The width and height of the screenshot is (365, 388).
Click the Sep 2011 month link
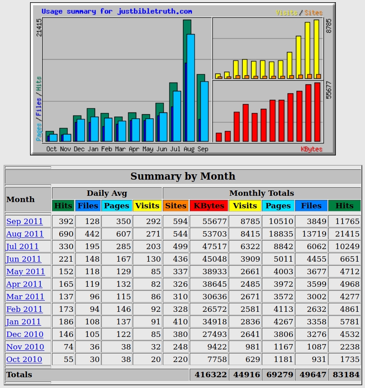(24, 221)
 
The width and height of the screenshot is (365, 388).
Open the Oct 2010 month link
(24, 359)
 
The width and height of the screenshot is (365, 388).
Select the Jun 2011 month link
(23, 259)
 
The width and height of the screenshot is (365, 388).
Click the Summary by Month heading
(183, 176)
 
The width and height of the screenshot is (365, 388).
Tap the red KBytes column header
(209, 206)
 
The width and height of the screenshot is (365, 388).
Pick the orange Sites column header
(175, 206)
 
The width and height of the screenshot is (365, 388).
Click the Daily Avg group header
(107, 193)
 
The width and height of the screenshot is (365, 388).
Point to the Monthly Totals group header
(261, 193)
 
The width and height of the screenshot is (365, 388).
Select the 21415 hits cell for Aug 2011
(344, 234)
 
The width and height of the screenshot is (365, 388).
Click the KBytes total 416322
(209, 375)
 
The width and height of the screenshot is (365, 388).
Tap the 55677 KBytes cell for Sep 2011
(209, 221)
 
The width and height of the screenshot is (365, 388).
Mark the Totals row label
(19, 375)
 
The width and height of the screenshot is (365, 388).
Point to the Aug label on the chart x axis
(189, 149)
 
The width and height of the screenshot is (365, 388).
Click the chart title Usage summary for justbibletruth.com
(117, 11)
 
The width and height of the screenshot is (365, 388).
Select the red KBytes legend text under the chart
(311, 149)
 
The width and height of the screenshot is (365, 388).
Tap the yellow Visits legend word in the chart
(286, 13)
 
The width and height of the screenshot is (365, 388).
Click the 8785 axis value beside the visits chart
(329, 26)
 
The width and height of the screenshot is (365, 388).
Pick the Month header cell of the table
(21, 199)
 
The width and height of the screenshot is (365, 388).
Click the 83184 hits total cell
(344, 375)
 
